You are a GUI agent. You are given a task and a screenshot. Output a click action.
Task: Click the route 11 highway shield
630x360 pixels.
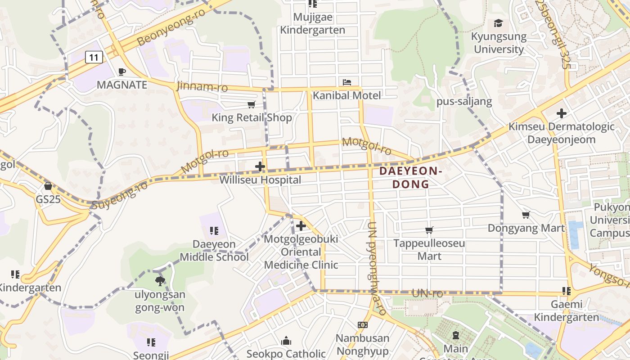(x=93, y=57)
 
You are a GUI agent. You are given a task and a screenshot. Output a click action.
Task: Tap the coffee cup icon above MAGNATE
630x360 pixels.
(x=121, y=72)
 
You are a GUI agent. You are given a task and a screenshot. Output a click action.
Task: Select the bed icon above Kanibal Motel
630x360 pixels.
(x=347, y=82)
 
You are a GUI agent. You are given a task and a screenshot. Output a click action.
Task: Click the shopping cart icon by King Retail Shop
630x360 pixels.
(x=251, y=105)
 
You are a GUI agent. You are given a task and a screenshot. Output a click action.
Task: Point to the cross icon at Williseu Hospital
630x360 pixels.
(x=260, y=166)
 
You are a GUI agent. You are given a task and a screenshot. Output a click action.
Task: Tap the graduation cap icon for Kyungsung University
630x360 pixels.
(x=498, y=23)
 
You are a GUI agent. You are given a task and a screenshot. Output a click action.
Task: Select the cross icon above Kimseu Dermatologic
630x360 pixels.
(x=561, y=113)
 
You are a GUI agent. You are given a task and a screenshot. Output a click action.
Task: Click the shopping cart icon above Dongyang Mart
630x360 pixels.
(x=526, y=215)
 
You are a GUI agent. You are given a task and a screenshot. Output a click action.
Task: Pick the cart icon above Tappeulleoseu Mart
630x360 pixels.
(x=429, y=230)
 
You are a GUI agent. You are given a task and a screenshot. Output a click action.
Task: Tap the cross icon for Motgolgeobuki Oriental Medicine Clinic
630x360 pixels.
(x=301, y=226)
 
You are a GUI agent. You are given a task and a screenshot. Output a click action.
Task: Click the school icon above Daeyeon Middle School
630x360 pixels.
(x=214, y=231)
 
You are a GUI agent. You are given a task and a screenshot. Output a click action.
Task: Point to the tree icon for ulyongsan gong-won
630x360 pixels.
(x=160, y=282)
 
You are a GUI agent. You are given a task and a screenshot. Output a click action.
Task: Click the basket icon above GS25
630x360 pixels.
(x=48, y=186)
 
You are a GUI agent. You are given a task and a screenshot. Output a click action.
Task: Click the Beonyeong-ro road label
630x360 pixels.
(x=171, y=27)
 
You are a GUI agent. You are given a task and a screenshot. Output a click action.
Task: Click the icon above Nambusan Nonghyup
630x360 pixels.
(x=362, y=325)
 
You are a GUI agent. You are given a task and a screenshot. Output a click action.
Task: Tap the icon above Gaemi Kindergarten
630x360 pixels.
(x=566, y=291)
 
